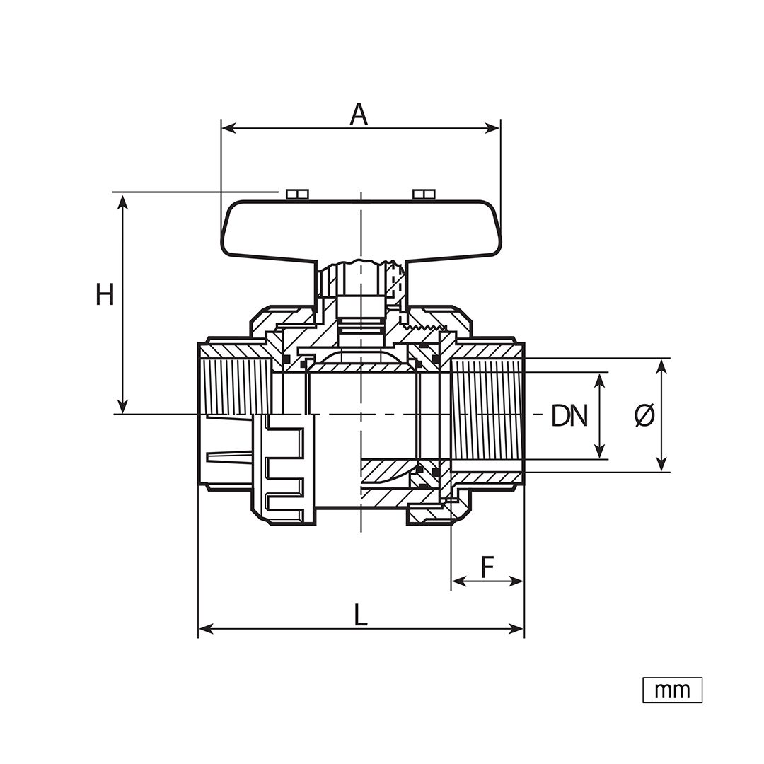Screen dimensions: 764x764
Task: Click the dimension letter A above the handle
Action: pyautogui.click(x=359, y=115)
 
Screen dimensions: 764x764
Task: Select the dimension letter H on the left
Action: pyautogui.click(x=105, y=294)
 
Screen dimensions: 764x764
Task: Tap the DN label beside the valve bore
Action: pyautogui.click(x=569, y=416)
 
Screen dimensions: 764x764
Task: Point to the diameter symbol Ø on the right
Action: pyautogui.click(x=644, y=416)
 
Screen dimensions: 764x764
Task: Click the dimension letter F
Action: pyautogui.click(x=487, y=567)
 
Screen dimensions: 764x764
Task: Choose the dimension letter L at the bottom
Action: pyautogui.click(x=361, y=615)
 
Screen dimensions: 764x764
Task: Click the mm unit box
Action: pyautogui.click(x=673, y=690)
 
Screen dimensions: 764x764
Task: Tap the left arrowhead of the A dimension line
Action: pyautogui.click(x=228, y=129)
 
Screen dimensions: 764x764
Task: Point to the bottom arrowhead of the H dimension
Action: pyautogui.click(x=123, y=406)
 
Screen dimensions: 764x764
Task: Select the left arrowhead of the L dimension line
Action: pyautogui.click(x=206, y=629)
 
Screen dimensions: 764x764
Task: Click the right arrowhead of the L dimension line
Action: pyautogui.click(x=516, y=629)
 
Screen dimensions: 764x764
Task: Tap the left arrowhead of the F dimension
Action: pyautogui.click(x=459, y=581)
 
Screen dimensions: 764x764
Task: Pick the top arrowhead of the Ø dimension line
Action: pyautogui.click(x=661, y=366)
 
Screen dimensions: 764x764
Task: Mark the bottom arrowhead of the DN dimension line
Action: pyautogui.click(x=601, y=451)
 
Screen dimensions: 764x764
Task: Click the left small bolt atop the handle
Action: pyautogui.click(x=297, y=194)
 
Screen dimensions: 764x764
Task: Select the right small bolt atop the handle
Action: pyautogui.click(x=424, y=194)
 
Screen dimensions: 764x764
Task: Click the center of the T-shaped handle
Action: pyautogui.click(x=361, y=228)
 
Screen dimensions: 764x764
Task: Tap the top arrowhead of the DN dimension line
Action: pyautogui.click(x=601, y=381)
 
